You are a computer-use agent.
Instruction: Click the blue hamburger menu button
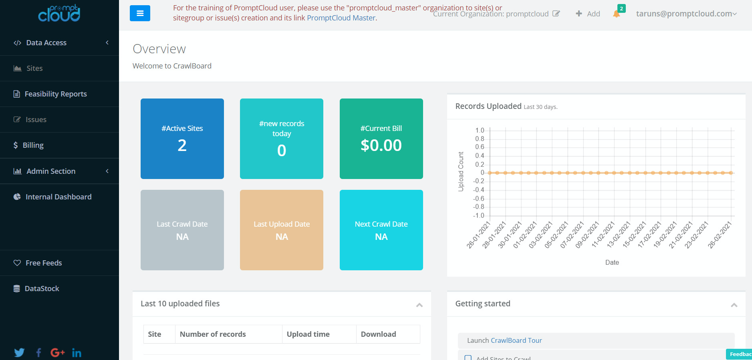140,13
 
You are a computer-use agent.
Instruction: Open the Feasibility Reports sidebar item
55,94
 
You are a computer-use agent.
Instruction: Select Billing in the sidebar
33,145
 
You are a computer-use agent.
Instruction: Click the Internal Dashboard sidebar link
58,197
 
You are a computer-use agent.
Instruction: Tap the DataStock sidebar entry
42,289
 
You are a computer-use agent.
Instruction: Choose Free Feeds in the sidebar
44,263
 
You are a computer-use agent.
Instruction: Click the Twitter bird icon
19,352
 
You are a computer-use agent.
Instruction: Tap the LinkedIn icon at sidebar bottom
77,353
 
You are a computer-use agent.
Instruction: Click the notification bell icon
617,14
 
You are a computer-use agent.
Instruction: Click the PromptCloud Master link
341,18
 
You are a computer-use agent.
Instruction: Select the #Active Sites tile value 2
182,145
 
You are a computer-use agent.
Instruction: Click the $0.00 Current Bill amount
381,145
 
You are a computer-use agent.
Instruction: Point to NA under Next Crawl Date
381,237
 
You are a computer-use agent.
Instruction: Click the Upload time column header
308,334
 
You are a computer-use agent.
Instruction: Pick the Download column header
378,334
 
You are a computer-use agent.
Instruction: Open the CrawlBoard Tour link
516,341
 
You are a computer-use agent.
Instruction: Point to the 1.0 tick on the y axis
480,131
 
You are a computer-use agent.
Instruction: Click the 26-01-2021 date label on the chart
478,235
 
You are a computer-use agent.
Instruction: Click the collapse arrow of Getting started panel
734,305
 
